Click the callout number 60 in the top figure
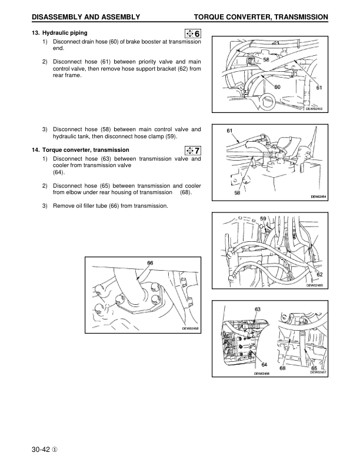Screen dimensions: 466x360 click(277, 87)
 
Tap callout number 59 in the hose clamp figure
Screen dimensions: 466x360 click(264, 219)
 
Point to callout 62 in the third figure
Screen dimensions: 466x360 click(319, 274)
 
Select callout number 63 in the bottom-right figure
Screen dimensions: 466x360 click(258, 309)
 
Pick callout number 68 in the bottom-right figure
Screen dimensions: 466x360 click(283, 368)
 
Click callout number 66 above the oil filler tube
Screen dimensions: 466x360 click(151, 262)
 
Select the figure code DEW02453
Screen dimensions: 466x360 click(317, 108)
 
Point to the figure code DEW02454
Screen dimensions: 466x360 click(318, 197)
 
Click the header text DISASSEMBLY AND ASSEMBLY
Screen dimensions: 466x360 click(86, 18)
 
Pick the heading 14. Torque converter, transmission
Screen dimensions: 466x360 click(81, 150)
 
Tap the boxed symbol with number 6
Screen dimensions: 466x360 click(192, 33)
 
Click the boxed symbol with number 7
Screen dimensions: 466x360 click(192, 151)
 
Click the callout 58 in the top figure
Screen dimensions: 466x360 click(266, 59)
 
